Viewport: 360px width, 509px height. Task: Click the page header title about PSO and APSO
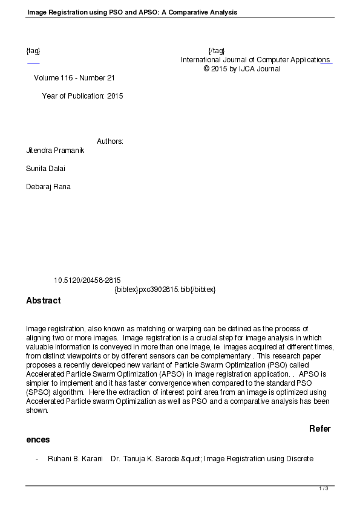(132, 12)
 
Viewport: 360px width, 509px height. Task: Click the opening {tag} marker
(33, 50)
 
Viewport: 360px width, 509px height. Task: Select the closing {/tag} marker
(216, 50)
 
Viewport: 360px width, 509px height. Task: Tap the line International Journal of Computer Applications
(255, 60)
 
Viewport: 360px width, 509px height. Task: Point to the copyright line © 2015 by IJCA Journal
(242, 69)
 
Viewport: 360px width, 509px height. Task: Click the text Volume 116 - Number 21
(74, 78)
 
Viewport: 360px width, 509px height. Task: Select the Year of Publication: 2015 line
(82, 96)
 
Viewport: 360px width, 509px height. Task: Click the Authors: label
(110, 141)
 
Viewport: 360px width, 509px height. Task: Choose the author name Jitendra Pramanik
(56, 151)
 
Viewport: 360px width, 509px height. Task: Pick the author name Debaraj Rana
(48, 187)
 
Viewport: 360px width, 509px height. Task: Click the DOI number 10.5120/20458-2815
(87, 280)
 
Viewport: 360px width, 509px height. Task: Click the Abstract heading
(43, 300)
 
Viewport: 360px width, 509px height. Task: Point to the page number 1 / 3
(324, 488)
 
